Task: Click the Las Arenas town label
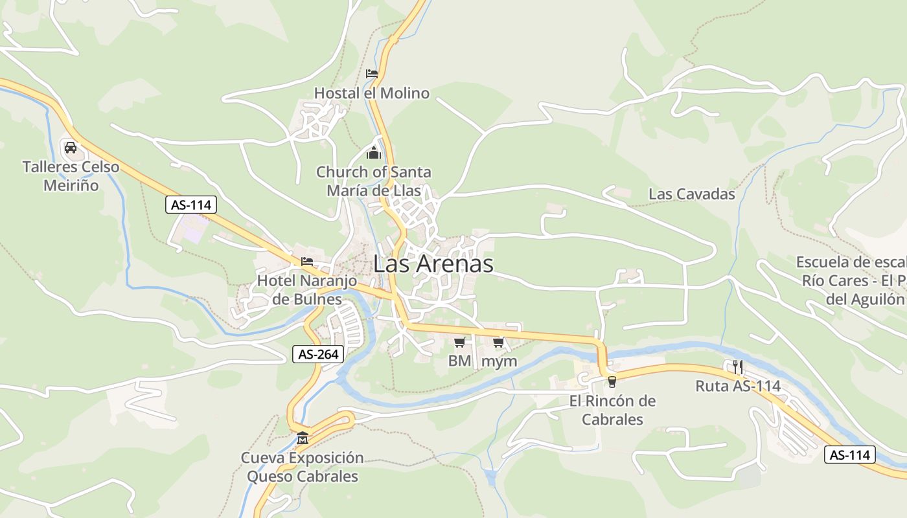pos(433,264)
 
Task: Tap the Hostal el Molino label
pos(371,93)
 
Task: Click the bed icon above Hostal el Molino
pos(371,74)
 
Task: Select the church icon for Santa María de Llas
pos(374,153)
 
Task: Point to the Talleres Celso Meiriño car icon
pos(71,148)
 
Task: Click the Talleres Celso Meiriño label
pos(71,176)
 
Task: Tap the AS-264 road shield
pos(317,354)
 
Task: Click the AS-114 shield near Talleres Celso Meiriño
pos(190,205)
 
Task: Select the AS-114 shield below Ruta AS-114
pos(849,455)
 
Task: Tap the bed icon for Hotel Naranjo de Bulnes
pos(307,262)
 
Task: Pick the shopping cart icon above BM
pos(459,342)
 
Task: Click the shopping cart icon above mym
pos(498,342)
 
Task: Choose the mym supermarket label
pos(500,361)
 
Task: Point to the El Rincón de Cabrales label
pos(612,410)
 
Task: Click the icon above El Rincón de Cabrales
pos(612,381)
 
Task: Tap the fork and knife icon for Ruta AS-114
pos(738,367)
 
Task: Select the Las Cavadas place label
pos(692,194)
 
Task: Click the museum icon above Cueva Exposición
pos(303,439)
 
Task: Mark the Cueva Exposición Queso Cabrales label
pos(303,467)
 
